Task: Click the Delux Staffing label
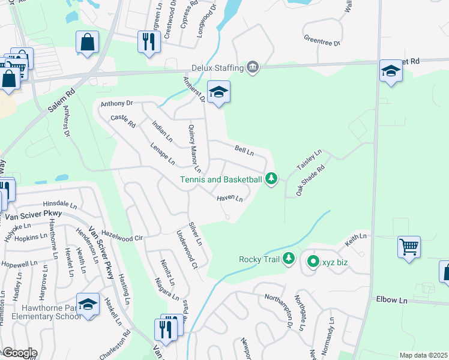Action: tap(217, 67)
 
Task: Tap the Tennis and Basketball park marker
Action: tap(272, 179)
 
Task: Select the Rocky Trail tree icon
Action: tap(289, 259)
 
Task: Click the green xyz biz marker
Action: tap(313, 262)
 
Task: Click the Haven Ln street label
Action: tap(230, 198)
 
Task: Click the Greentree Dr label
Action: tap(322, 43)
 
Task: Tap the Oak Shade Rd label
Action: tap(310, 180)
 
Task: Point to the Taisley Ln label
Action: tap(310, 160)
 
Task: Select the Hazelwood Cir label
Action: tap(122, 238)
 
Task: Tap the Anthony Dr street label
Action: tap(116, 103)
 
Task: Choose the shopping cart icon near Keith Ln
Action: tap(409, 246)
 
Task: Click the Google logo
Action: tap(19, 353)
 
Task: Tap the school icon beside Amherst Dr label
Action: tap(218, 92)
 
